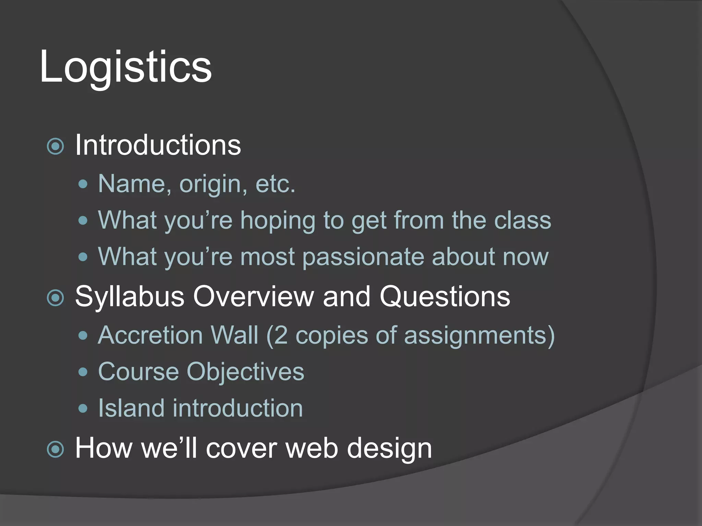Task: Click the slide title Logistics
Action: [125, 67]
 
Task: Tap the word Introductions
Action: [158, 145]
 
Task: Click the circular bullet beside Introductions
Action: [55, 147]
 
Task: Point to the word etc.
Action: [275, 184]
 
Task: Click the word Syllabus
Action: [130, 297]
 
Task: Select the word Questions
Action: [445, 296]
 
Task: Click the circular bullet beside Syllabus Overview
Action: [55, 298]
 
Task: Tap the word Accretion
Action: [150, 335]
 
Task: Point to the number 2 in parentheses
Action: [281, 335]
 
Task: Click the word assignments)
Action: [479, 336]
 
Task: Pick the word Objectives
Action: [245, 372]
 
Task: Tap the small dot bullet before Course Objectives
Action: [83, 372]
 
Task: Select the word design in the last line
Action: [389, 449]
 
